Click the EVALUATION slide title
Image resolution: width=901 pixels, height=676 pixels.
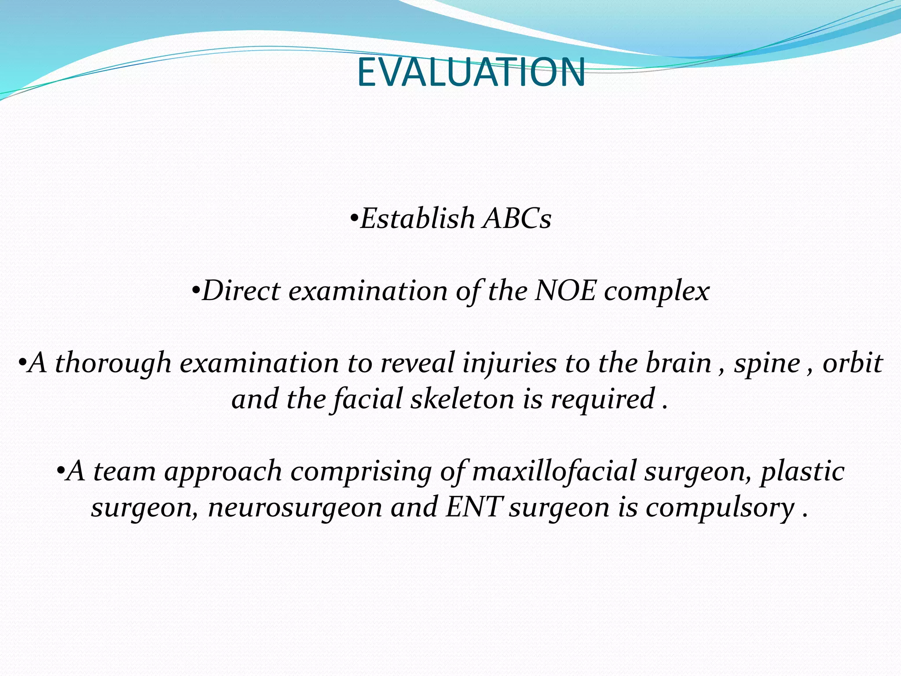(x=471, y=73)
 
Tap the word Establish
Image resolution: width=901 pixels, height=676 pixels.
(x=417, y=219)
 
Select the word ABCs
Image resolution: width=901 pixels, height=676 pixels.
(x=516, y=219)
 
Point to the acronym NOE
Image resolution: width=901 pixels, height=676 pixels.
(x=565, y=291)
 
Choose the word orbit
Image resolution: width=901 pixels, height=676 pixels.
(x=852, y=364)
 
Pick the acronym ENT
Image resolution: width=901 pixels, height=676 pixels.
(x=472, y=507)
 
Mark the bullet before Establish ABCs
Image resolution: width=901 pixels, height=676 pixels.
(x=354, y=219)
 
